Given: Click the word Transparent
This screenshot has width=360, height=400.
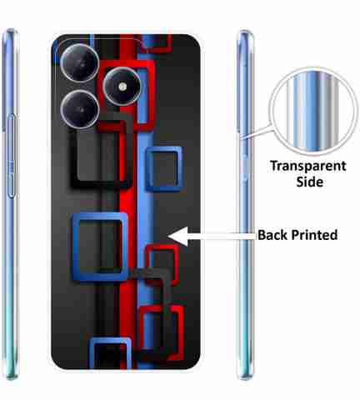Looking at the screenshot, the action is (308, 167).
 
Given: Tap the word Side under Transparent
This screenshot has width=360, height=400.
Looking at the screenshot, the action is (310, 182).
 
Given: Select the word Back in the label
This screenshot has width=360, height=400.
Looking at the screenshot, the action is (272, 235).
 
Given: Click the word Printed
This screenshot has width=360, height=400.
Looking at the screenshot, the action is (314, 235).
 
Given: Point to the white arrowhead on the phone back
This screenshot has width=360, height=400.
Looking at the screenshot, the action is (177, 237).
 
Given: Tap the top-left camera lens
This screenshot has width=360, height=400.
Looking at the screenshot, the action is (80, 62).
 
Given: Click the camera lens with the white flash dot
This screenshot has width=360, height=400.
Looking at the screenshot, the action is (122, 87).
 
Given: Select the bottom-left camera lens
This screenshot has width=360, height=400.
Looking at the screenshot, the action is (80, 109).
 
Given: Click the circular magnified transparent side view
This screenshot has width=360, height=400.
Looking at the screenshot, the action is (313, 111).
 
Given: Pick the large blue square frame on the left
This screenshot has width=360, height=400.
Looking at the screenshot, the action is (75, 247).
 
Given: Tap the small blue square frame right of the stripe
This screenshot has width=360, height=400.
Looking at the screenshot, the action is (149, 169).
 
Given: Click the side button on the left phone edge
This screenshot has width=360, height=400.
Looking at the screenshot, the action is (11, 156).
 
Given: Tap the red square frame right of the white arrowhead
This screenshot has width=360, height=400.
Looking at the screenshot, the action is (176, 264).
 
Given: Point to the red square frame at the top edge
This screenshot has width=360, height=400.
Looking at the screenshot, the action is (156, 50).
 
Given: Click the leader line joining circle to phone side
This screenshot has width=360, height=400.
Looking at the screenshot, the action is (256, 132).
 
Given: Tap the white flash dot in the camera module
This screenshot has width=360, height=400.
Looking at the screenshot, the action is (122, 87).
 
